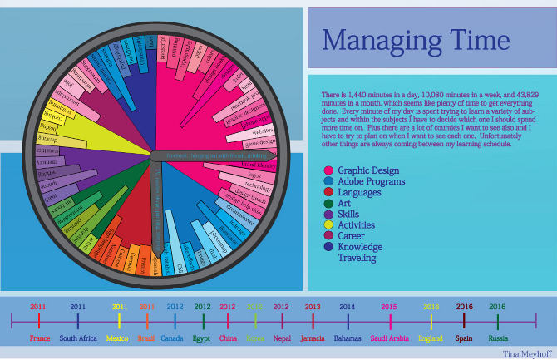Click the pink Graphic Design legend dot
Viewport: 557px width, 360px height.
click(x=328, y=170)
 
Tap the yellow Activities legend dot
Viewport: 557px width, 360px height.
click(x=328, y=224)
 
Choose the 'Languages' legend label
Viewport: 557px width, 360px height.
click(x=362, y=192)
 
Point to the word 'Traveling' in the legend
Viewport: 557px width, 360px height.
click(x=357, y=258)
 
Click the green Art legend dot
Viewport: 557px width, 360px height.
click(x=328, y=203)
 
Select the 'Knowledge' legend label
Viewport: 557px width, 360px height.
click(x=361, y=247)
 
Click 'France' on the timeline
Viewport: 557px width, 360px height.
click(x=40, y=338)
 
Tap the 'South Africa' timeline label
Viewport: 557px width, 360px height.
click(x=79, y=338)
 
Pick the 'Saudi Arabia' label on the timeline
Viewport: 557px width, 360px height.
click(x=388, y=338)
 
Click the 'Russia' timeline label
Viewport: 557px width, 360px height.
click(x=499, y=338)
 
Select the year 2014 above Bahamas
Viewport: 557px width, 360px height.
click(x=348, y=307)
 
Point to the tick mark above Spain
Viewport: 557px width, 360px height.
click(x=465, y=320)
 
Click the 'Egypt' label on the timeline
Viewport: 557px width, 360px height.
click(x=202, y=338)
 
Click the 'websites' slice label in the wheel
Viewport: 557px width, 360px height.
click(x=263, y=131)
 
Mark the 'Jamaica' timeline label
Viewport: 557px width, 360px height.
click(x=313, y=338)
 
